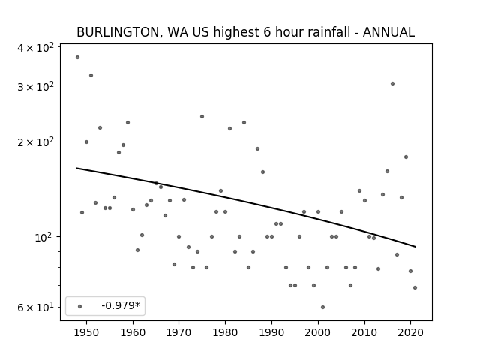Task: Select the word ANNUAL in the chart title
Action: coord(388,32)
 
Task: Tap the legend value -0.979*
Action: coord(121,306)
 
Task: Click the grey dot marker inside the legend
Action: coord(79,306)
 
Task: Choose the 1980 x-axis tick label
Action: coord(225,331)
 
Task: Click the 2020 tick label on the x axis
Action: coord(410,331)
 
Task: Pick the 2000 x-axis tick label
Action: coord(318,331)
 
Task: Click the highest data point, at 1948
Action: coord(77,57)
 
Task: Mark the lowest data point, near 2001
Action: coord(322,307)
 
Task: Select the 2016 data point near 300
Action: coord(392,83)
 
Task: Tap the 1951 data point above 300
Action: coord(91,75)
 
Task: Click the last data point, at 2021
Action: coord(415,287)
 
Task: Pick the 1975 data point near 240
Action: coord(202,116)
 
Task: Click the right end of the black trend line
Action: coord(415,247)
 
